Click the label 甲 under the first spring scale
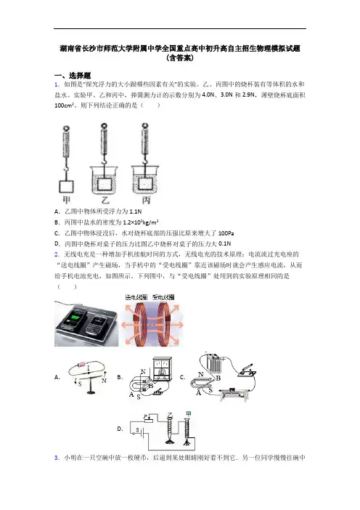[66, 200]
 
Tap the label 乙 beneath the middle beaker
[105, 200]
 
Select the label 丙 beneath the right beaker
[146, 200]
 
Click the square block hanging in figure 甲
[66, 187]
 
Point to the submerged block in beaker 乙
[105, 184]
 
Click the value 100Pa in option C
[226, 233]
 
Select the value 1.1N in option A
[136, 211]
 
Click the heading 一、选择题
[73, 76]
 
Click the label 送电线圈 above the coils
[136, 297]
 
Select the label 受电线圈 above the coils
[163, 297]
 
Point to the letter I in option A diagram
[89, 368]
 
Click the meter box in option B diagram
[162, 368]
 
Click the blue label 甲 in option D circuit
[188, 413]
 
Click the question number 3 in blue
[57, 458]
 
